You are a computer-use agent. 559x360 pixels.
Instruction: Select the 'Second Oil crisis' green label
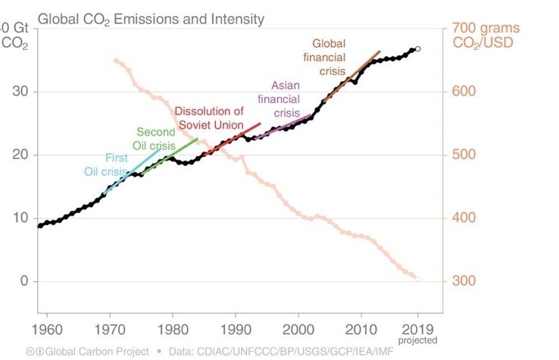(x=155, y=138)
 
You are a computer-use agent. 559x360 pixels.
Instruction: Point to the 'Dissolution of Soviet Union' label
(x=209, y=117)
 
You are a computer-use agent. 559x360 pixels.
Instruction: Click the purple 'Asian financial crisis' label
(x=279, y=99)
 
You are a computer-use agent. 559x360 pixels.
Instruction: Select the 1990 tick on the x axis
(x=235, y=330)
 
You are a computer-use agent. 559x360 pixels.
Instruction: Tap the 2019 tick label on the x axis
(x=417, y=330)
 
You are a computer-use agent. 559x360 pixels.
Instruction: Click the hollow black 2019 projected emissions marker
(x=417, y=49)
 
